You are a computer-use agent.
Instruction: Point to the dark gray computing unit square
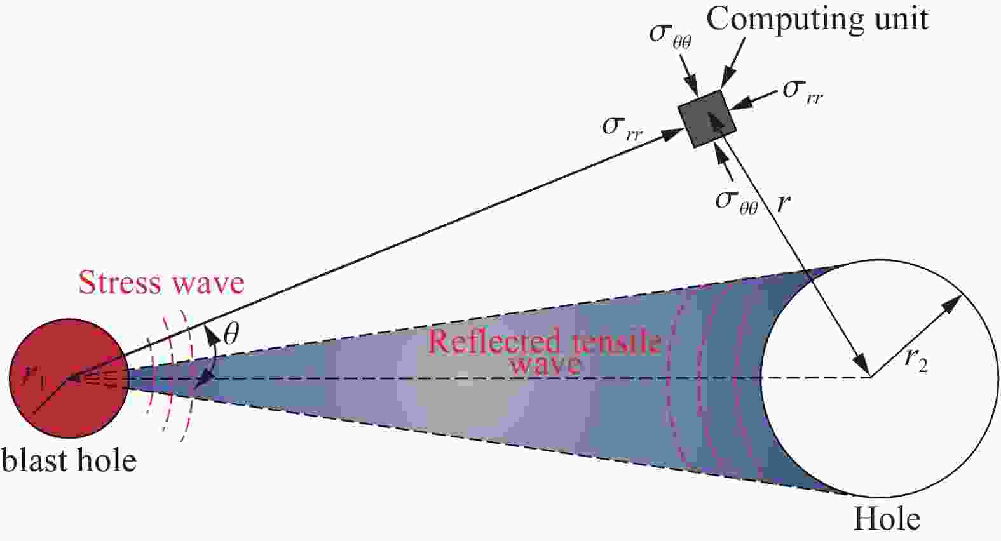coord(707,119)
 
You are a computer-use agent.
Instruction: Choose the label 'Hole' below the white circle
coord(887,519)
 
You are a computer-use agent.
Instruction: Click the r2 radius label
coord(916,358)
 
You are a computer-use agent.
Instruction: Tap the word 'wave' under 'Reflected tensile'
coord(546,364)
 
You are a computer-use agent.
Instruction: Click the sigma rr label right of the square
coord(803,92)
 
